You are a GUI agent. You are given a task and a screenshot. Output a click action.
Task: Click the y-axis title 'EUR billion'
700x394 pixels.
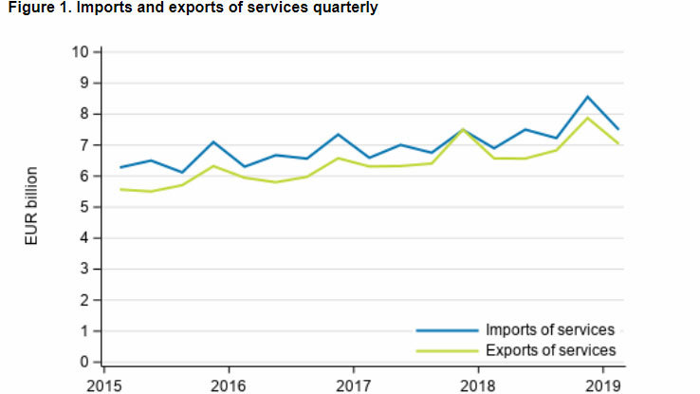(31, 206)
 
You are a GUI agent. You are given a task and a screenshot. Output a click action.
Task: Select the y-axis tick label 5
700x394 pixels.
(84, 207)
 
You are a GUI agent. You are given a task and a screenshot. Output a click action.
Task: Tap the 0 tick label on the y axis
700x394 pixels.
(84, 363)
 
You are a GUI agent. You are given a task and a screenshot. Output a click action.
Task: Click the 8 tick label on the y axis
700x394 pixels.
(84, 114)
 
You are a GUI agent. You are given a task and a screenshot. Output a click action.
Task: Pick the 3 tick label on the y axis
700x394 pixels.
(84, 270)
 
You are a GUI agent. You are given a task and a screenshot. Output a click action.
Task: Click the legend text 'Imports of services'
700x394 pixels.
(550, 330)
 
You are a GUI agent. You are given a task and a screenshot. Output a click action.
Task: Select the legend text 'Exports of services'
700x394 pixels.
(550, 350)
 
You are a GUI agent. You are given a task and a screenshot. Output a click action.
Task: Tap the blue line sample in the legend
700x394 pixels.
(446, 330)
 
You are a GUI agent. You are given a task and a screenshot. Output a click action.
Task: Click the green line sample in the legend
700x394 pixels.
(446, 351)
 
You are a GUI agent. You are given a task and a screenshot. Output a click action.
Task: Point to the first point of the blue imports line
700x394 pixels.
(120, 167)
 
